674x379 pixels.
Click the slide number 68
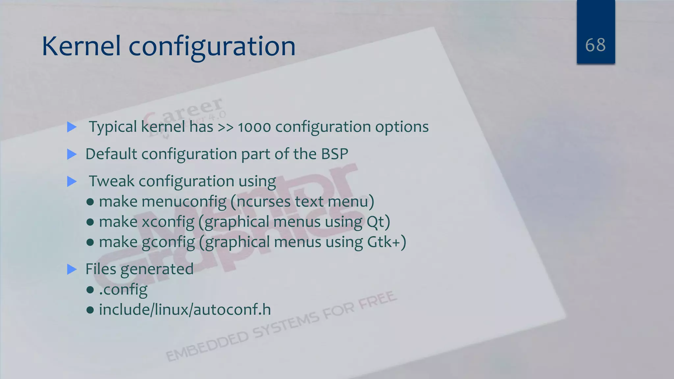click(595, 45)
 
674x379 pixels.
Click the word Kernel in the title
click(81, 46)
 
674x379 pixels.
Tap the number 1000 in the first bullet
click(254, 127)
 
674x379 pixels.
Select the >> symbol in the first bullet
click(225, 127)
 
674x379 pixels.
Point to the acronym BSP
click(334, 154)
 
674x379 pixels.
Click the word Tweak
click(112, 181)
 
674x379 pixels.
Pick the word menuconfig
click(184, 202)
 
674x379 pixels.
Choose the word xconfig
click(168, 222)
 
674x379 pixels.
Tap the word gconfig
click(168, 242)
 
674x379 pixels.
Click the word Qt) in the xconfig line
click(378, 222)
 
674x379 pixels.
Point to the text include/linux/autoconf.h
click(185, 310)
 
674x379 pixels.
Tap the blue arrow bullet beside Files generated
click(72, 269)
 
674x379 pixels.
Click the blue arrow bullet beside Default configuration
click(72, 154)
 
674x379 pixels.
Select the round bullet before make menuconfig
click(90, 202)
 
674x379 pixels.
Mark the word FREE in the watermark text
click(377, 300)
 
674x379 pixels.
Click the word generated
click(157, 269)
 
